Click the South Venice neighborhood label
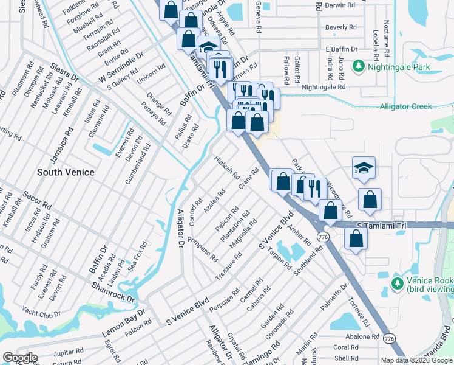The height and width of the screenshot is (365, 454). (66, 172)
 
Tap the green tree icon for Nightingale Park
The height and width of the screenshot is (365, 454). (359, 65)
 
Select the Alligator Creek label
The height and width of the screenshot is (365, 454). (405, 106)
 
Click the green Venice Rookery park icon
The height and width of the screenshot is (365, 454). (398, 283)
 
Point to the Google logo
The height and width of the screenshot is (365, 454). (19, 358)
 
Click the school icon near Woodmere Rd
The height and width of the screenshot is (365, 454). (364, 169)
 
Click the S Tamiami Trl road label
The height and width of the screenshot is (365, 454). (381, 225)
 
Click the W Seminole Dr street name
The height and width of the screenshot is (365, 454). (124, 63)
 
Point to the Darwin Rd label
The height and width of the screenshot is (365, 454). (340, 5)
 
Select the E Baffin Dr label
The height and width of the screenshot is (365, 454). (342, 49)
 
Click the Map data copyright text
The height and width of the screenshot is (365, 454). (416, 360)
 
